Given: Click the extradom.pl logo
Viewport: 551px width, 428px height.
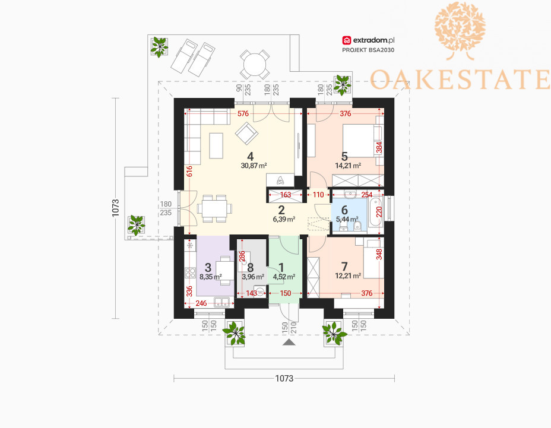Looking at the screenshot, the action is coord(368,40).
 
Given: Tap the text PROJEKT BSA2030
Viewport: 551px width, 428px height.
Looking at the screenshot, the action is coord(368,50).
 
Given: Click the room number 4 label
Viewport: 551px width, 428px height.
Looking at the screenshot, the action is coord(250,156).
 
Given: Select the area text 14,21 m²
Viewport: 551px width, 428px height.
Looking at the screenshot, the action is coord(349,166).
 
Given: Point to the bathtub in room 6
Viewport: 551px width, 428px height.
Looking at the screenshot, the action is coord(375,213).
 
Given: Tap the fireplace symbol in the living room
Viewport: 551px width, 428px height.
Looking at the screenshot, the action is coord(280,180).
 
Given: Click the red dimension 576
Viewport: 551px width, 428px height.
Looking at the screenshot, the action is coord(243,114).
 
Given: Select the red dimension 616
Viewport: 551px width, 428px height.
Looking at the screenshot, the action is coord(189,171).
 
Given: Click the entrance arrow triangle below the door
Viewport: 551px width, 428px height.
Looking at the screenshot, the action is coord(288,343).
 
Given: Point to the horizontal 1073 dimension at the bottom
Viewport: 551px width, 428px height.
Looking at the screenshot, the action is coord(284,378).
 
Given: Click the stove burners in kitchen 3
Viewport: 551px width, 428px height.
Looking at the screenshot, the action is coord(190,272).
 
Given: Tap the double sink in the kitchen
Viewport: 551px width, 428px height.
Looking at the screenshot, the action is coord(221,302).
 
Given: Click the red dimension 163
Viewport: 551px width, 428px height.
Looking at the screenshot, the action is coord(286,195).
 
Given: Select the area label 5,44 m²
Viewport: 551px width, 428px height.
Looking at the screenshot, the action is coord(347,220).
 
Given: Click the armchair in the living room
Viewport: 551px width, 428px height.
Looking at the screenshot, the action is coord(246,134).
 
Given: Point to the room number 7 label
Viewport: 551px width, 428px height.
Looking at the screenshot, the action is coord(344,266).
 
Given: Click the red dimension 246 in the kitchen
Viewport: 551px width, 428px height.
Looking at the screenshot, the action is coord(201,303).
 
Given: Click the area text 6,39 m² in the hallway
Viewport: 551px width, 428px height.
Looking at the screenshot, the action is coord(284,220).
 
